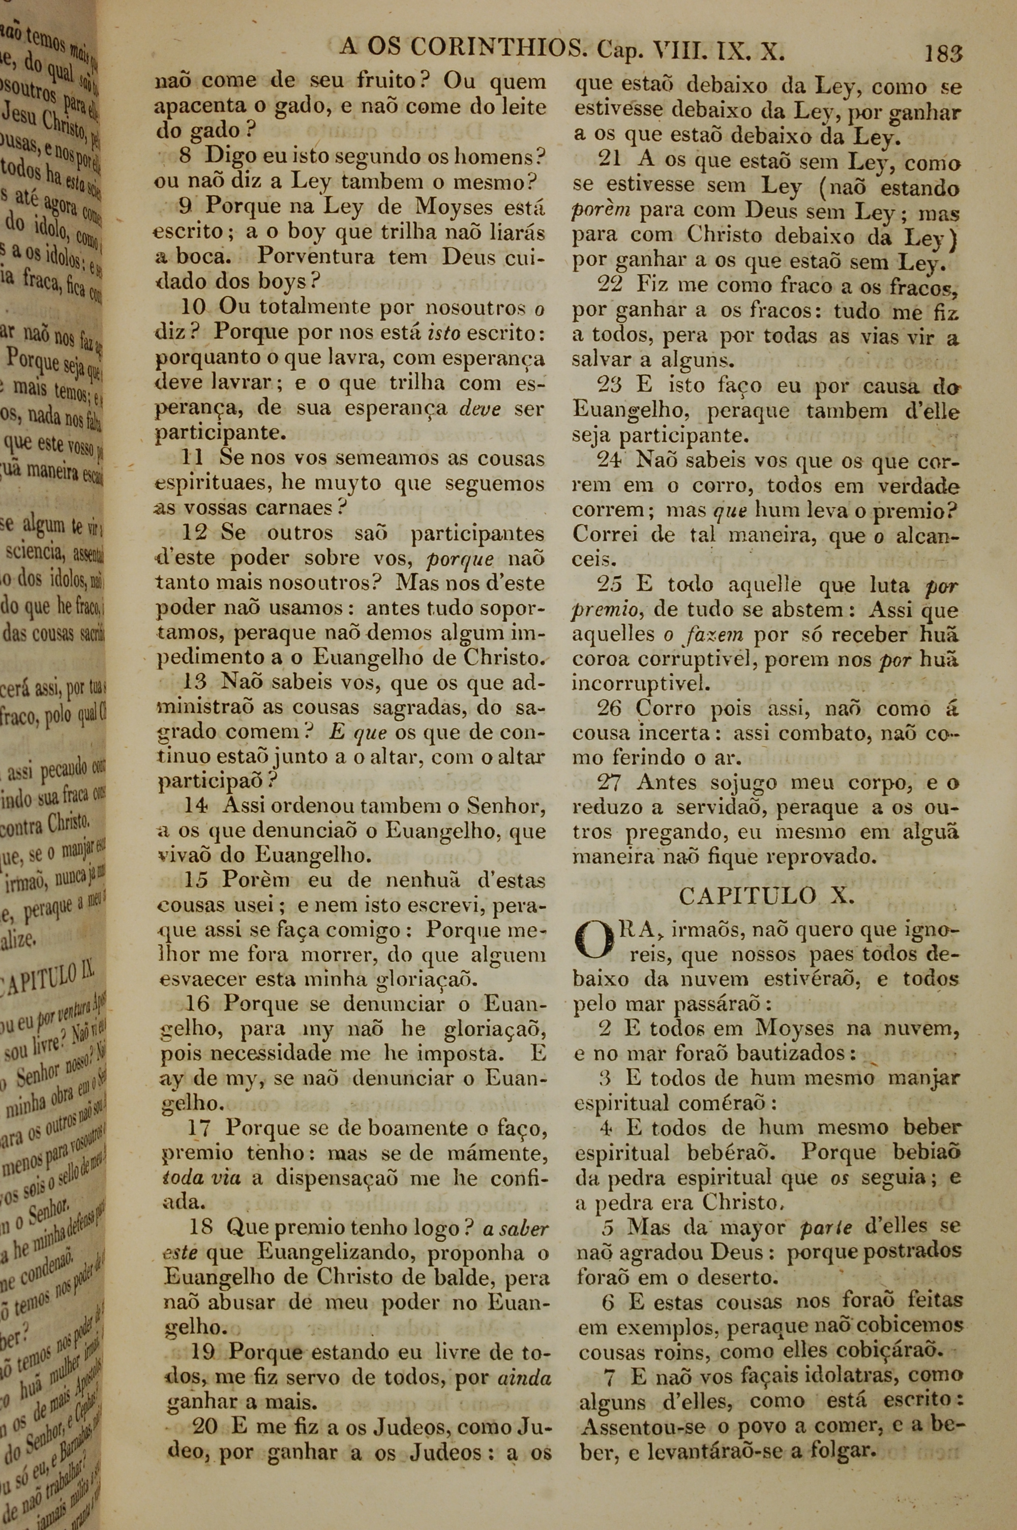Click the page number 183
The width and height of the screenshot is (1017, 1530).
point(943,52)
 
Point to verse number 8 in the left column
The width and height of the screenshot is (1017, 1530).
point(185,156)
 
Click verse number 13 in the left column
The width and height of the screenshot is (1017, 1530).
point(195,682)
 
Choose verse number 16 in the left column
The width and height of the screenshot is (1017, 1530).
point(197,1004)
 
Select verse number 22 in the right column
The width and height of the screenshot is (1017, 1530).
point(610,284)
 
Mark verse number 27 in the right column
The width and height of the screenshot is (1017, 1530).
point(610,783)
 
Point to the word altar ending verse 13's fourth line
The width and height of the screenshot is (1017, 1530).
point(522,757)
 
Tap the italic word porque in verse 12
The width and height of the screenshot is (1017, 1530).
point(461,558)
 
